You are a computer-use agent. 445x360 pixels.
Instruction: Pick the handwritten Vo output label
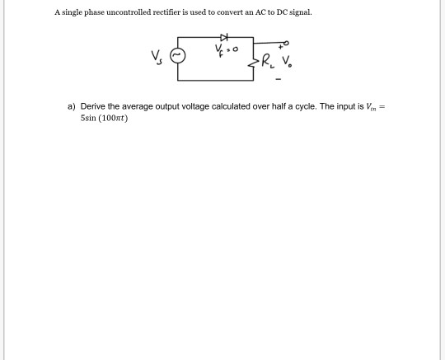pyautogui.click(x=287, y=60)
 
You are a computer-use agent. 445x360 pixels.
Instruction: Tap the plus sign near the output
pyautogui.click(x=279, y=48)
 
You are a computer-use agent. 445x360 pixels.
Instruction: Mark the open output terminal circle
pyautogui.click(x=287, y=41)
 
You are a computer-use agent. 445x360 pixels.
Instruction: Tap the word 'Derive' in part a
pyautogui.click(x=92, y=106)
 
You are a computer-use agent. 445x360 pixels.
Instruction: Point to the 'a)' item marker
pyautogui.click(x=72, y=106)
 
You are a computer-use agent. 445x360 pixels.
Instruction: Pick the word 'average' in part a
pyautogui.click(x=135, y=106)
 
